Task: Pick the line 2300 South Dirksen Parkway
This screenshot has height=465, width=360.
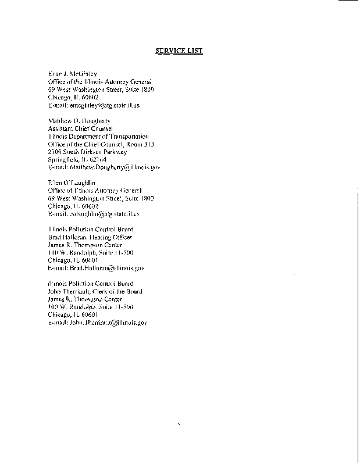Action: [x=87, y=152]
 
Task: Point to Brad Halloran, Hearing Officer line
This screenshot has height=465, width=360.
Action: [x=90, y=237]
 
